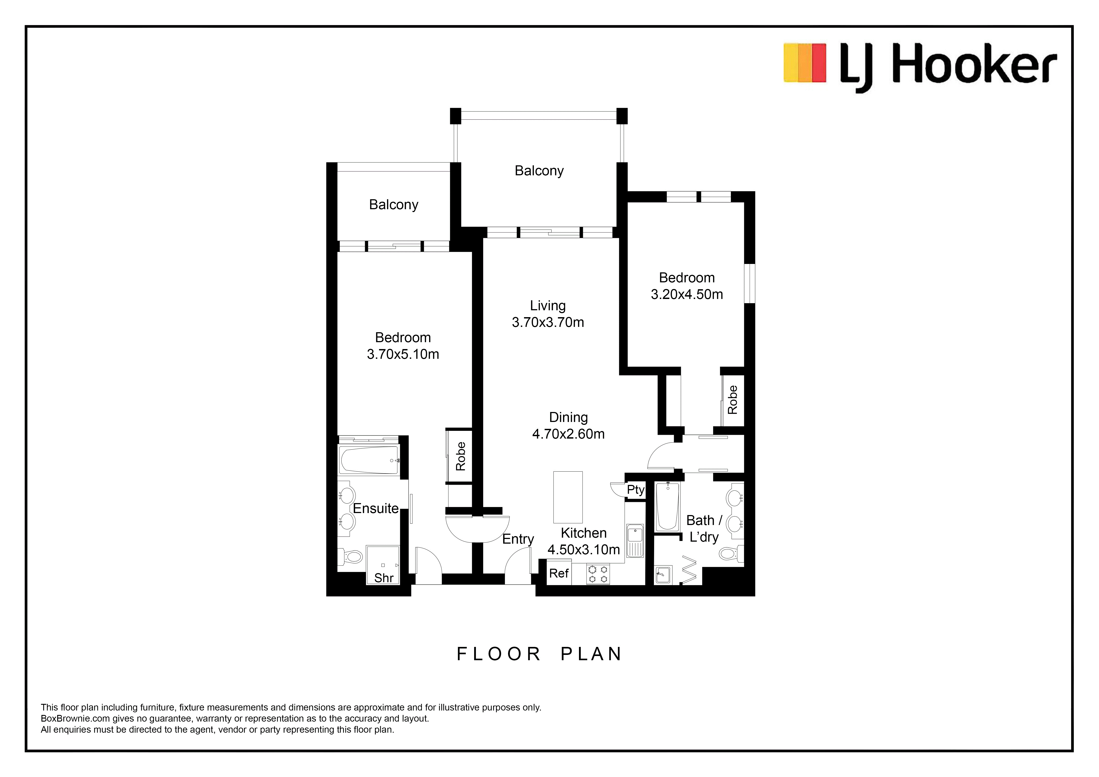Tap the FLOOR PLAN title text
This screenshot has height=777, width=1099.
pyautogui.click(x=540, y=654)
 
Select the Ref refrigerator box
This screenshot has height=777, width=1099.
pyautogui.click(x=559, y=573)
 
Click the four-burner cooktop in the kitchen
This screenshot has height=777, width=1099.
pyautogui.click(x=598, y=574)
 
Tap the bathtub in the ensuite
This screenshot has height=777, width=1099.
pyautogui.click(x=369, y=460)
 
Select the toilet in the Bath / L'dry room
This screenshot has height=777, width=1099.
pyautogui.click(x=730, y=554)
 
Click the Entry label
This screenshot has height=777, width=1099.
pyautogui.click(x=518, y=539)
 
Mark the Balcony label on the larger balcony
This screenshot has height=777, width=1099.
pyautogui.click(x=539, y=171)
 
